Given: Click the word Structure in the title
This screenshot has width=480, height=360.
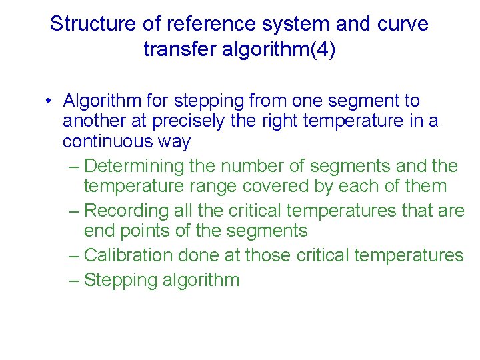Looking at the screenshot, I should point(91,24).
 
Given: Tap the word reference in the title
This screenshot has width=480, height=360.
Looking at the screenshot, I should point(197,24).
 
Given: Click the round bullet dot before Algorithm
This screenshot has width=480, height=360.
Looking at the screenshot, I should point(50,101).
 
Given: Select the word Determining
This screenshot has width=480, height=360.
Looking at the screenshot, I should point(135,165).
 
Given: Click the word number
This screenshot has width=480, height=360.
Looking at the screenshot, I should point(252,165).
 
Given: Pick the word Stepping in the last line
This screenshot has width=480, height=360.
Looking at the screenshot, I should point(121,280).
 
